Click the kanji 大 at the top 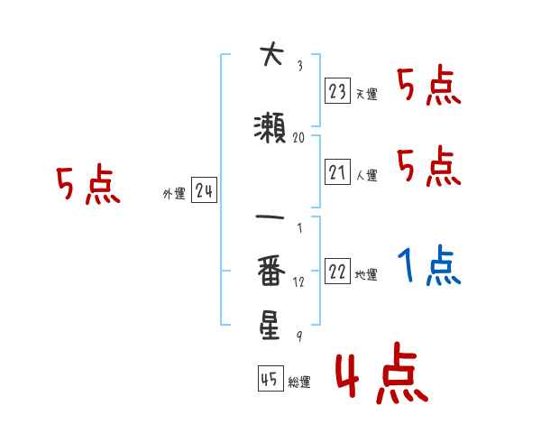[270, 56]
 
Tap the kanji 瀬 [270, 127]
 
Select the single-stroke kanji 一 [270, 217]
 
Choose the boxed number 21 [337, 171]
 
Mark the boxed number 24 [204, 190]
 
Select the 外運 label [173, 194]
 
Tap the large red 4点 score [380, 377]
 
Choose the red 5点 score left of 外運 [87, 186]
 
